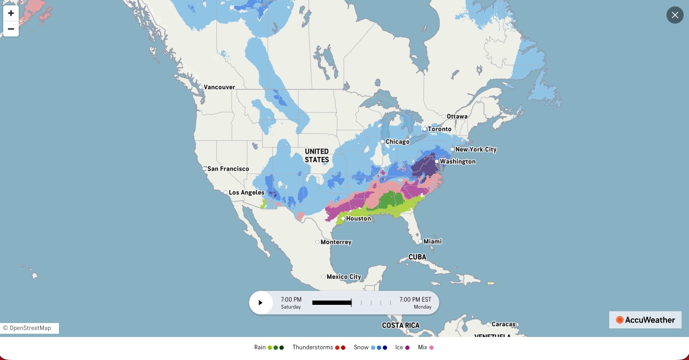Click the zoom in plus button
11,13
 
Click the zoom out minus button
11,29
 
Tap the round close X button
675,15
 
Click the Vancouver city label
219,87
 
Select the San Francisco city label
228,169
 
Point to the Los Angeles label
246,192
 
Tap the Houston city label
358,219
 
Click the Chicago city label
397,142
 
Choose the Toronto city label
440,129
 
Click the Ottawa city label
457,116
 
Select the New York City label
476,149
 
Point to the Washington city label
458,161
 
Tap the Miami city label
433,242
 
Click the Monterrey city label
336,242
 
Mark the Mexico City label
344,277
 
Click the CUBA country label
417,257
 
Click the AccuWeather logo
645,320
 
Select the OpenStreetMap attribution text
30,328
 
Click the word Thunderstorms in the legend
313,348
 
